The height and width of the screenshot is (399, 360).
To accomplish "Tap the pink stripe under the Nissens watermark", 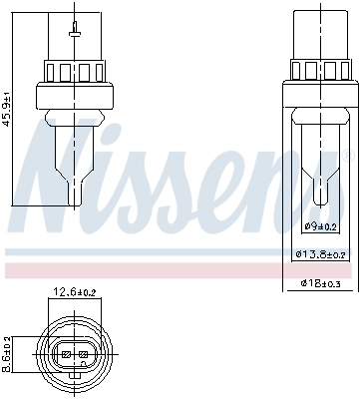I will pos(180,270).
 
